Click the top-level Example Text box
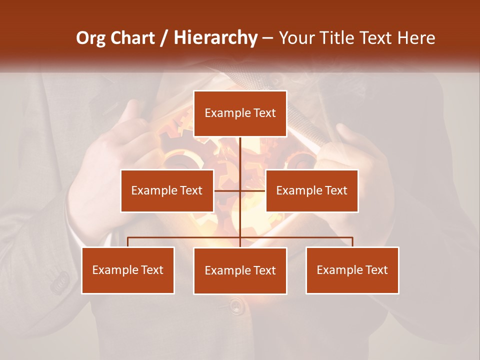[x=240, y=113]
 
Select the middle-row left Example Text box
[x=167, y=190]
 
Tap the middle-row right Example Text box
[x=311, y=190]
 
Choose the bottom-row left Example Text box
[x=128, y=270]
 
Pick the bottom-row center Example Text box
[x=240, y=270]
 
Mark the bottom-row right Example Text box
[x=352, y=270]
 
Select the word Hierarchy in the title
[x=215, y=38]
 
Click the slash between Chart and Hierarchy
[x=164, y=38]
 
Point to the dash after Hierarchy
[x=267, y=38]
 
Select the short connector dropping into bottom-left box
[x=128, y=242]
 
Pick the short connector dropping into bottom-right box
[x=352, y=242]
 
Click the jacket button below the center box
[x=237, y=306]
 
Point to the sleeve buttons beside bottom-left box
[x=61, y=283]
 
